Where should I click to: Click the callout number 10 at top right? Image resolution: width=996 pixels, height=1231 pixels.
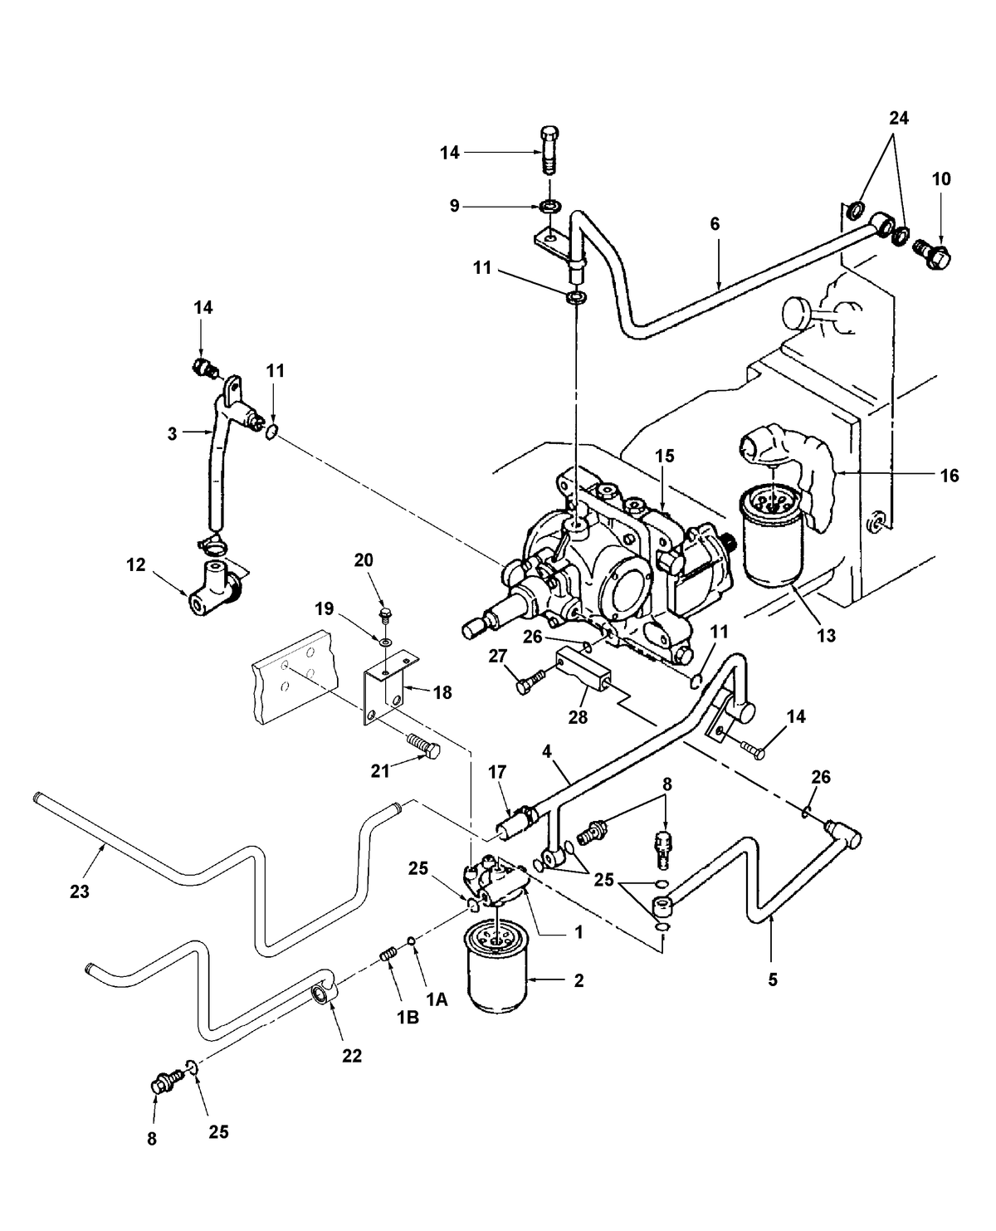pyautogui.click(x=941, y=178)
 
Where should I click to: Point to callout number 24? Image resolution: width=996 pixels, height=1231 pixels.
pyautogui.click(x=898, y=119)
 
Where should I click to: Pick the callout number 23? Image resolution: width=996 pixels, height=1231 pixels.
pyautogui.click(x=80, y=892)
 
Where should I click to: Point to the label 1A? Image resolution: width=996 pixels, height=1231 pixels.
pyautogui.click(x=437, y=1000)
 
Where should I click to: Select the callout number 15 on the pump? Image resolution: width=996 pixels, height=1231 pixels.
pyautogui.click(x=664, y=456)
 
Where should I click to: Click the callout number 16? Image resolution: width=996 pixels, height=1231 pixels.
pyautogui.click(x=950, y=476)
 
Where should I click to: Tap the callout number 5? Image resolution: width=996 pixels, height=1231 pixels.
pyautogui.click(x=773, y=979)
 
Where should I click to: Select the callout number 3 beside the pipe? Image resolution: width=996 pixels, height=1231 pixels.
pyautogui.click(x=172, y=432)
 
